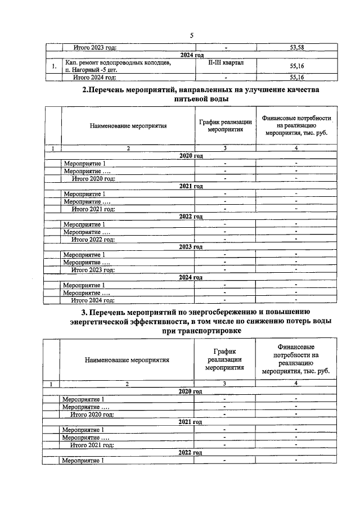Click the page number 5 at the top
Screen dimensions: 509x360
pos(192,36)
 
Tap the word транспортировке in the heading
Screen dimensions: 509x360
pos(201,332)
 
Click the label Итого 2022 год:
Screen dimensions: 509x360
pos(93,239)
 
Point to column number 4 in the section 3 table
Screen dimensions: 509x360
pos(296,383)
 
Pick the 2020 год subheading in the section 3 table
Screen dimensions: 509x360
pos(190,391)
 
